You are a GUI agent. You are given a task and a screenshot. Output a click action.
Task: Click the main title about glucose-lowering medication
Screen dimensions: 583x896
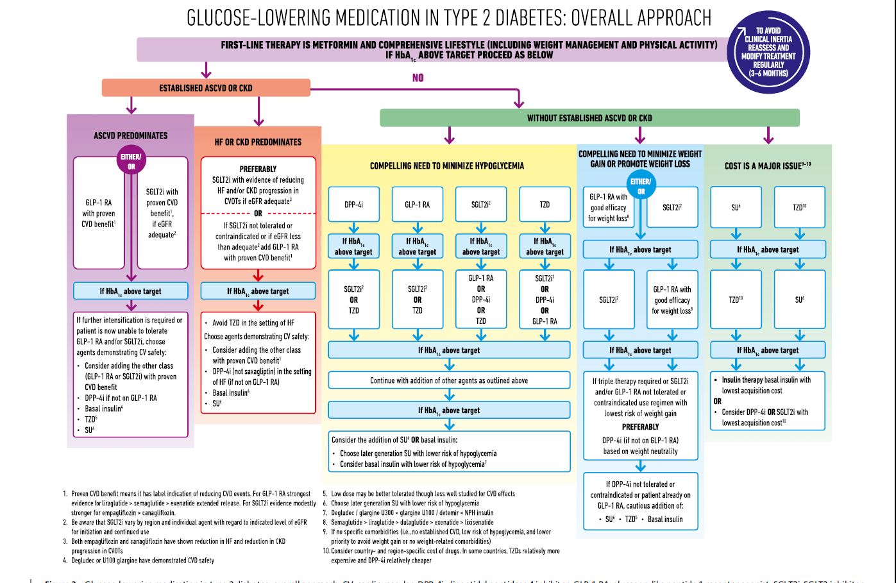click(448, 17)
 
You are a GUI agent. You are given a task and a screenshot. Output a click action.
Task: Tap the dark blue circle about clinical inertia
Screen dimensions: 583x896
click(768, 52)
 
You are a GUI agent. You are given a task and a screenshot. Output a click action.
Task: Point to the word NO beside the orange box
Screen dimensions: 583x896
click(418, 78)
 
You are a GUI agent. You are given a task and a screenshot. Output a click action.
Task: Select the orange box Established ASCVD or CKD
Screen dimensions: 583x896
click(206, 88)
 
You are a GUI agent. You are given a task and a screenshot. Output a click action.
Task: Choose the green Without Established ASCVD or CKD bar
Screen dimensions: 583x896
click(589, 118)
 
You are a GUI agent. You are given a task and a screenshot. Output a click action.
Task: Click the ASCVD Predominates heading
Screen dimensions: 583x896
click(130, 136)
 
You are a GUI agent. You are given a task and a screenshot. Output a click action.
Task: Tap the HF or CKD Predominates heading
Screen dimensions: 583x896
click(258, 142)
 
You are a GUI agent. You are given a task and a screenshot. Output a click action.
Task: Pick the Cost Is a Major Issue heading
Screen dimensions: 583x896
click(767, 165)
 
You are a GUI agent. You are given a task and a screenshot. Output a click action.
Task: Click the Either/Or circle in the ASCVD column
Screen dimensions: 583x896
click(131, 161)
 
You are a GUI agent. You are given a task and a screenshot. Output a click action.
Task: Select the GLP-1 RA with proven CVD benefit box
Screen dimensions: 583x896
click(98, 213)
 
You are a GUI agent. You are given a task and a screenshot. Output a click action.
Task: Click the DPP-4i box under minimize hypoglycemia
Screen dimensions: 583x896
click(353, 205)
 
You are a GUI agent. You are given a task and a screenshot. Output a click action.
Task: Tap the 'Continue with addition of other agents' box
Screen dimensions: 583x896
click(448, 380)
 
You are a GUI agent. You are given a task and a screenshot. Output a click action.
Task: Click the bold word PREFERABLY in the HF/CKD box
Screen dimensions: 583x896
click(258, 169)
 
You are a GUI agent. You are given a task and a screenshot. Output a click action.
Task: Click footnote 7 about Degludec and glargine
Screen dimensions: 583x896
click(412, 512)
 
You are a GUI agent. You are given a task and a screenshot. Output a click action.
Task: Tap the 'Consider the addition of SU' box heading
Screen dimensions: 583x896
click(394, 440)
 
